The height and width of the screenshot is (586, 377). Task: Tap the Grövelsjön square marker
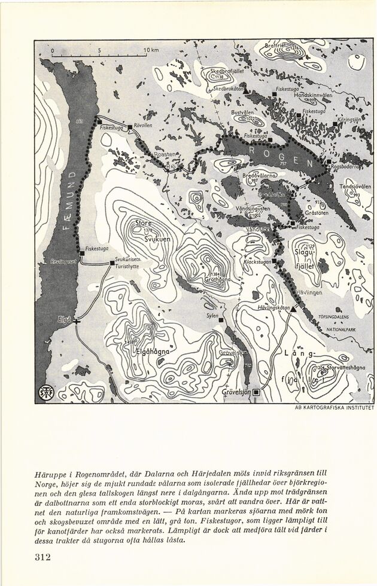click(x=257, y=392)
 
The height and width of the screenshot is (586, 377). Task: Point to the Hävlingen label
click(x=309, y=293)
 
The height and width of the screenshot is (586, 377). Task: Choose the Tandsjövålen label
click(x=355, y=187)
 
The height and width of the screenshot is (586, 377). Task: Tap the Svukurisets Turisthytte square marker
click(x=112, y=263)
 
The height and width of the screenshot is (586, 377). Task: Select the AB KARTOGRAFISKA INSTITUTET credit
click(x=335, y=408)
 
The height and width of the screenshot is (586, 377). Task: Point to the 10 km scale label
click(x=151, y=50)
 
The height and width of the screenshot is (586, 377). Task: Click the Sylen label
click(x=212, y=315)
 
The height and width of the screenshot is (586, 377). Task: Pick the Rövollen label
click(x=145, y=126)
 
